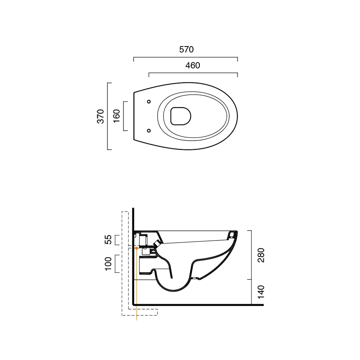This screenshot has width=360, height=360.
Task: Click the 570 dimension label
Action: coord(186,49)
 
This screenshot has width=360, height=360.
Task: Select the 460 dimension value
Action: coord(193,66)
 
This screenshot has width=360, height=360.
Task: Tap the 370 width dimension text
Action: coord(100,116)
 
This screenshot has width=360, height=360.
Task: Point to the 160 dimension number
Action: coord(117,116)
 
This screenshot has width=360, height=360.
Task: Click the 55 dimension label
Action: coord(108,239)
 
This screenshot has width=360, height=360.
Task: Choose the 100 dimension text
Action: coord(108,264)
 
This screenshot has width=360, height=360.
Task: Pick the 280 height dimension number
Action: coord(261,255)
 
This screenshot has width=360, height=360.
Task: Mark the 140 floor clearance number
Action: coord(261,292)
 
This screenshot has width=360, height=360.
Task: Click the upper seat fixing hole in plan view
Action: coord(149,102)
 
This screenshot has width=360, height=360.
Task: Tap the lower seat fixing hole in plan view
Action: coord(149,131)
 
